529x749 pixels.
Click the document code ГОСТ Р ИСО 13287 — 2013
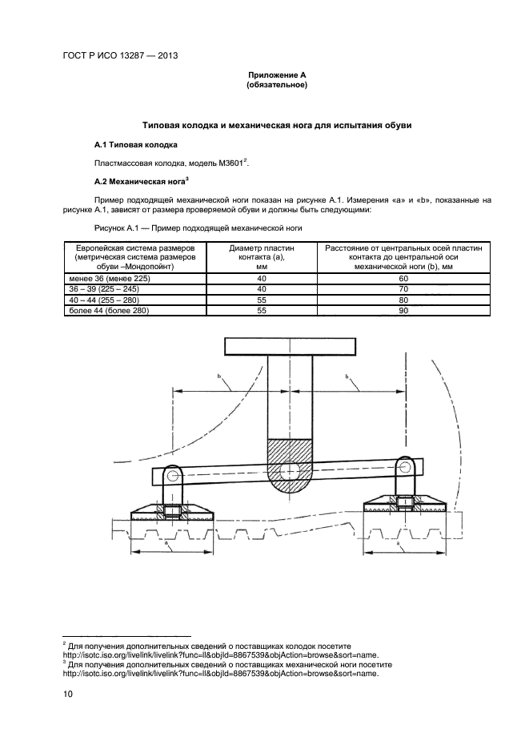119,56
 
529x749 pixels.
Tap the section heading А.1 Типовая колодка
136,144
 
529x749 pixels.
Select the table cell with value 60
403,276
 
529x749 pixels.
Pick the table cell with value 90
403,309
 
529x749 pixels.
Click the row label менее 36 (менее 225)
98,276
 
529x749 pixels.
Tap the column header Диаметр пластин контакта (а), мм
262,258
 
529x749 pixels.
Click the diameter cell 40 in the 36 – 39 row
262,288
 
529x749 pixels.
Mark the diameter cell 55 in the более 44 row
262,309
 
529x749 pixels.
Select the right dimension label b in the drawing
347,376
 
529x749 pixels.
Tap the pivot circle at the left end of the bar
170,471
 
